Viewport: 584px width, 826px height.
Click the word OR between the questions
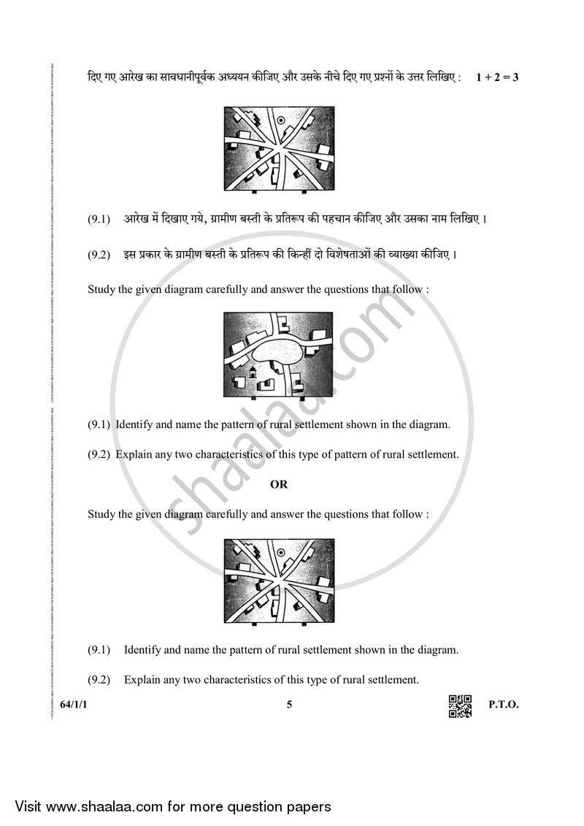pos(279,484)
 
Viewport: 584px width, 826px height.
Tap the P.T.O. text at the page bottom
pos(503,705)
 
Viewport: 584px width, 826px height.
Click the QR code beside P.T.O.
pos(460,705)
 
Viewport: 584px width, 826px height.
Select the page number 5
pos(290,705)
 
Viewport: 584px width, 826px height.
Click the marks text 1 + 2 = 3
pos(496,77)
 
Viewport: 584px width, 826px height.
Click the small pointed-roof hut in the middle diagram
pos(253,372)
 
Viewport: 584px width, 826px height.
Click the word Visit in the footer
pos(28,806)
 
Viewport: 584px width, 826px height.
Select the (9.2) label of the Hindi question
pos(99,255)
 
